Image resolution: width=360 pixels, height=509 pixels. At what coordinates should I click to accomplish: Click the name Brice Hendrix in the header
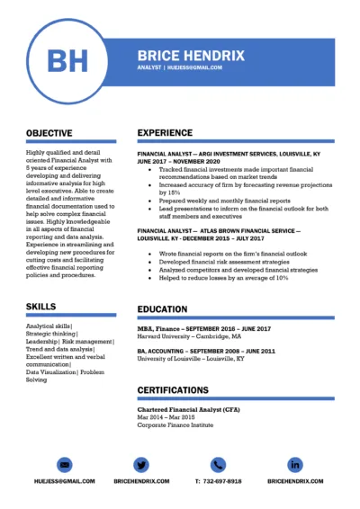[x=190, y=55]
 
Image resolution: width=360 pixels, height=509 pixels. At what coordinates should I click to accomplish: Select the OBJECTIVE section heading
[x=49, y=132]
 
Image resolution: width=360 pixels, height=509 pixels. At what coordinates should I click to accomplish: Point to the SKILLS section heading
[x=40, y=307]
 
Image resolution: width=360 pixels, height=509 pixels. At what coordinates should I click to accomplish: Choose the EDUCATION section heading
[x=162, y=309]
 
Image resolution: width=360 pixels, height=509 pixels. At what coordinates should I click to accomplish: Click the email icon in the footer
[x=64, y=464]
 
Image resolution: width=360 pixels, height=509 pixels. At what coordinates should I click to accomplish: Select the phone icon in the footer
[x=218, y=464]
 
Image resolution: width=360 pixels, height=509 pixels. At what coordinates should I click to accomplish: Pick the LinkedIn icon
[x=295, y=464]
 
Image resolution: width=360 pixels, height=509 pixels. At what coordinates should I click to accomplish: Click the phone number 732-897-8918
[x=218, y=481]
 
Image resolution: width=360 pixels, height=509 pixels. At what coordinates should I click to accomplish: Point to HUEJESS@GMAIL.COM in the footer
[x=64, y=481]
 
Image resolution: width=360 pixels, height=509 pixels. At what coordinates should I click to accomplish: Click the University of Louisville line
[x=190, y=358]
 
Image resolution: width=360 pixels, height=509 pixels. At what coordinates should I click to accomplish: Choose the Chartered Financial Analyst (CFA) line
[x=188, y=409]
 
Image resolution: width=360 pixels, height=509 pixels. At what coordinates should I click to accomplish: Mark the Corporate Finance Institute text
[x=175, y=424]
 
